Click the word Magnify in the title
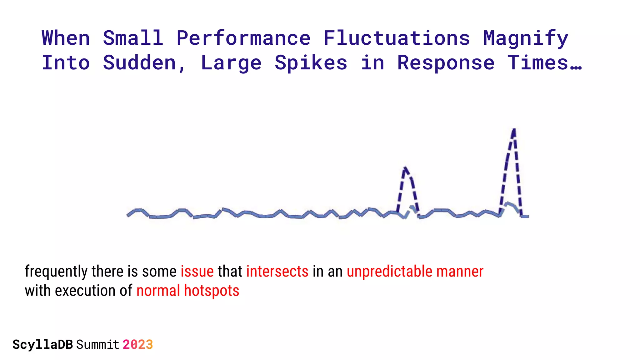click(x=526, y=38)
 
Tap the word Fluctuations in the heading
click(x=397, y=38)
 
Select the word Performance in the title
click(x=243, y=38)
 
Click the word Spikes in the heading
click(x=311, y=63)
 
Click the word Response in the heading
click(x=446, y=63)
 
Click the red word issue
click(x=197, y=271)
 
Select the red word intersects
click(x=277, y=271)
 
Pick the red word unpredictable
click(x=389, y=271)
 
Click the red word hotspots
click(x=212, y=291)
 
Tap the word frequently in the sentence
click(x=56, y=271)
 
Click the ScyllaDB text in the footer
click(x=43, y=345)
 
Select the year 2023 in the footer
click(x=137, y=345)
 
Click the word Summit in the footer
click(x=98, y=345)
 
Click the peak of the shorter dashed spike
click(x=405, y=168)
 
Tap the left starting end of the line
click(x=127, y=215)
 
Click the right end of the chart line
click(x=528, y=216)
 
